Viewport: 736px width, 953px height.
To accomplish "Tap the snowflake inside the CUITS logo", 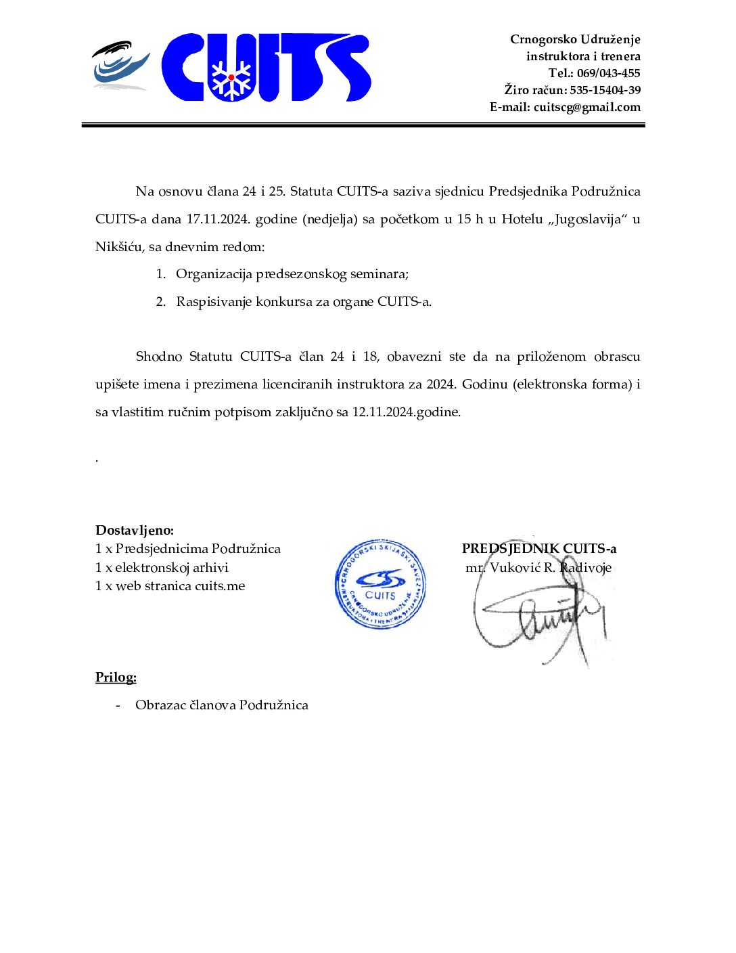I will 231,78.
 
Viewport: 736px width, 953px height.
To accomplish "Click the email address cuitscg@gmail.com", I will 586,107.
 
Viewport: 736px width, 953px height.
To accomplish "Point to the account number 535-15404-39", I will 605,90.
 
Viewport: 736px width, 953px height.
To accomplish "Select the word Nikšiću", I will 118,247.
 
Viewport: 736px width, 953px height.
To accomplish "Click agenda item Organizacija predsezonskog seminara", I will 292,274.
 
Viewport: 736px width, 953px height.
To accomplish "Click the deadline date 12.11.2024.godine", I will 406,412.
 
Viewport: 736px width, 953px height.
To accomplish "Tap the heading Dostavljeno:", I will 135,531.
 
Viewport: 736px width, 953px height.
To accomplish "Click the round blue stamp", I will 380,584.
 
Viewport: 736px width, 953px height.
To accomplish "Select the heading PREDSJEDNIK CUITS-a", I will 539,549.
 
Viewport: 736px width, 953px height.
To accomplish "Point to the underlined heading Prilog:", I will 116,678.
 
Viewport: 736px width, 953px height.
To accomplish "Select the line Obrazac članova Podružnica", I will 222,705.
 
